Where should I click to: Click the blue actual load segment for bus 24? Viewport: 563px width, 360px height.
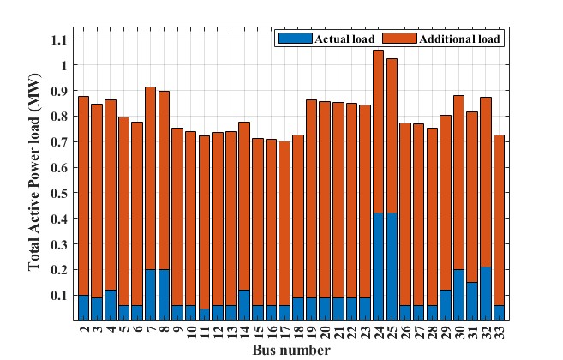378,266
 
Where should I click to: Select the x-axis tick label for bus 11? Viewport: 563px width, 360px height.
204,331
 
